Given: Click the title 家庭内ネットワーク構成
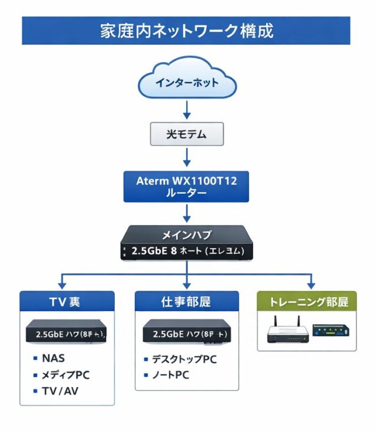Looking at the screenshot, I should [x=186, y=31].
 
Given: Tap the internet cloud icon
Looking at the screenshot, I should [x=187, y=82].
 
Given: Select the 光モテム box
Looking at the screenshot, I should [x=187, y=134].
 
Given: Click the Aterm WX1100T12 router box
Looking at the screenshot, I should [x=187, y=187].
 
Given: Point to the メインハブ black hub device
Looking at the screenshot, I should [x=187, y=243].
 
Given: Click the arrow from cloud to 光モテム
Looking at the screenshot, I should [x=187, y=110].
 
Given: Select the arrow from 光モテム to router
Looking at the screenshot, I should [x=187, y=157].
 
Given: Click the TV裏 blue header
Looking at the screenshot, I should [x=66, y=302].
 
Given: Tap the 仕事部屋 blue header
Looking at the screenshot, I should [x=187, y=302].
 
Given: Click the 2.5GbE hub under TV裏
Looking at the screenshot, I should [x=67, y=334].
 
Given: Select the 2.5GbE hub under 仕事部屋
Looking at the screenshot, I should [x=187, y=334].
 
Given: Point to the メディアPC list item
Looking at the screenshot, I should [x=65, y=375].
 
